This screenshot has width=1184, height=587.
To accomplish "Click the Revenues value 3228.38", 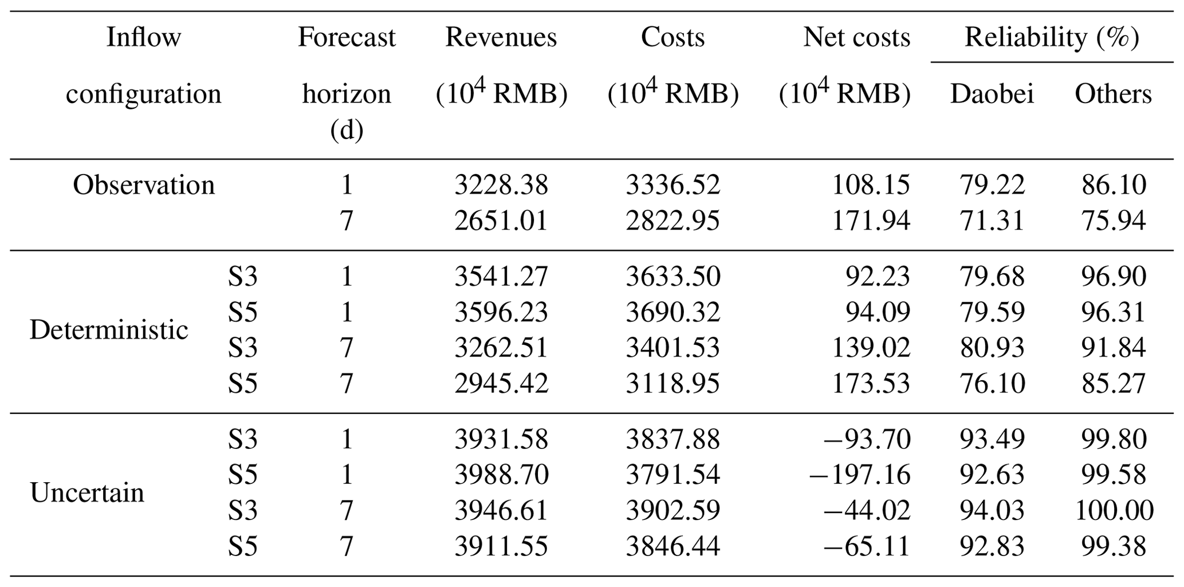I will point(501,185).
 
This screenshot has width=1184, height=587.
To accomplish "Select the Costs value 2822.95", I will point(672,220).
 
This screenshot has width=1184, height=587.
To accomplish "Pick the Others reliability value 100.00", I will point(1114,510).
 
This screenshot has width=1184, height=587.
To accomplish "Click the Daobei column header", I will point(992,94).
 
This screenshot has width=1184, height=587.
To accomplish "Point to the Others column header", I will point(1113,94).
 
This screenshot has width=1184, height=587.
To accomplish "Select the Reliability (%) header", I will point(1052,38).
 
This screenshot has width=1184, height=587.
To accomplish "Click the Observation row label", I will point(143,185).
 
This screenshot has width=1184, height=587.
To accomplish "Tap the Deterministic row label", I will point(109,330).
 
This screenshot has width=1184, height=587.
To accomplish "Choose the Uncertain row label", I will point(87,493).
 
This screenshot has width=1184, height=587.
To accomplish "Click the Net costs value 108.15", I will point(871,185).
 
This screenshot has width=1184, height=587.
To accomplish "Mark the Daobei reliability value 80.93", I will point(992,348).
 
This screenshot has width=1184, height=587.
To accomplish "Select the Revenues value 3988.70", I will point(501,475).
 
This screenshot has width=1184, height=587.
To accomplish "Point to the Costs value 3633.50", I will point(672,277).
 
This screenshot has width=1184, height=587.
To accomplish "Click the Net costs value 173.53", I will point(871,383).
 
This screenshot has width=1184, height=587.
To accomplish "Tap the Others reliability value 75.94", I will point(1114,220).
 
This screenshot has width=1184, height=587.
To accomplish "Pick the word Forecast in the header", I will point(347,38).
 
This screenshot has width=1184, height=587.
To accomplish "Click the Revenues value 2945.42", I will point(501,383).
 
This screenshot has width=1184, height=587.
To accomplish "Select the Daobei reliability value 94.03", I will point(992,510).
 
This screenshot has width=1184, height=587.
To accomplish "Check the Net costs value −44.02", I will point(867,510).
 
